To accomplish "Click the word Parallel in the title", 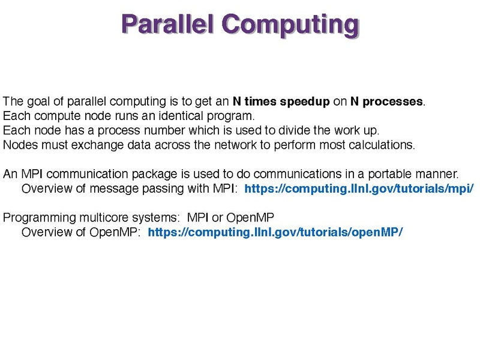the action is (x=167, y=24).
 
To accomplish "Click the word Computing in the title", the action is (x=290, y=26).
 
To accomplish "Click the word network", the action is (x=235, y=145).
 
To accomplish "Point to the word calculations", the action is (x=382, y=145).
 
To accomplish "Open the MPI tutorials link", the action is (x=359, y=189).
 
